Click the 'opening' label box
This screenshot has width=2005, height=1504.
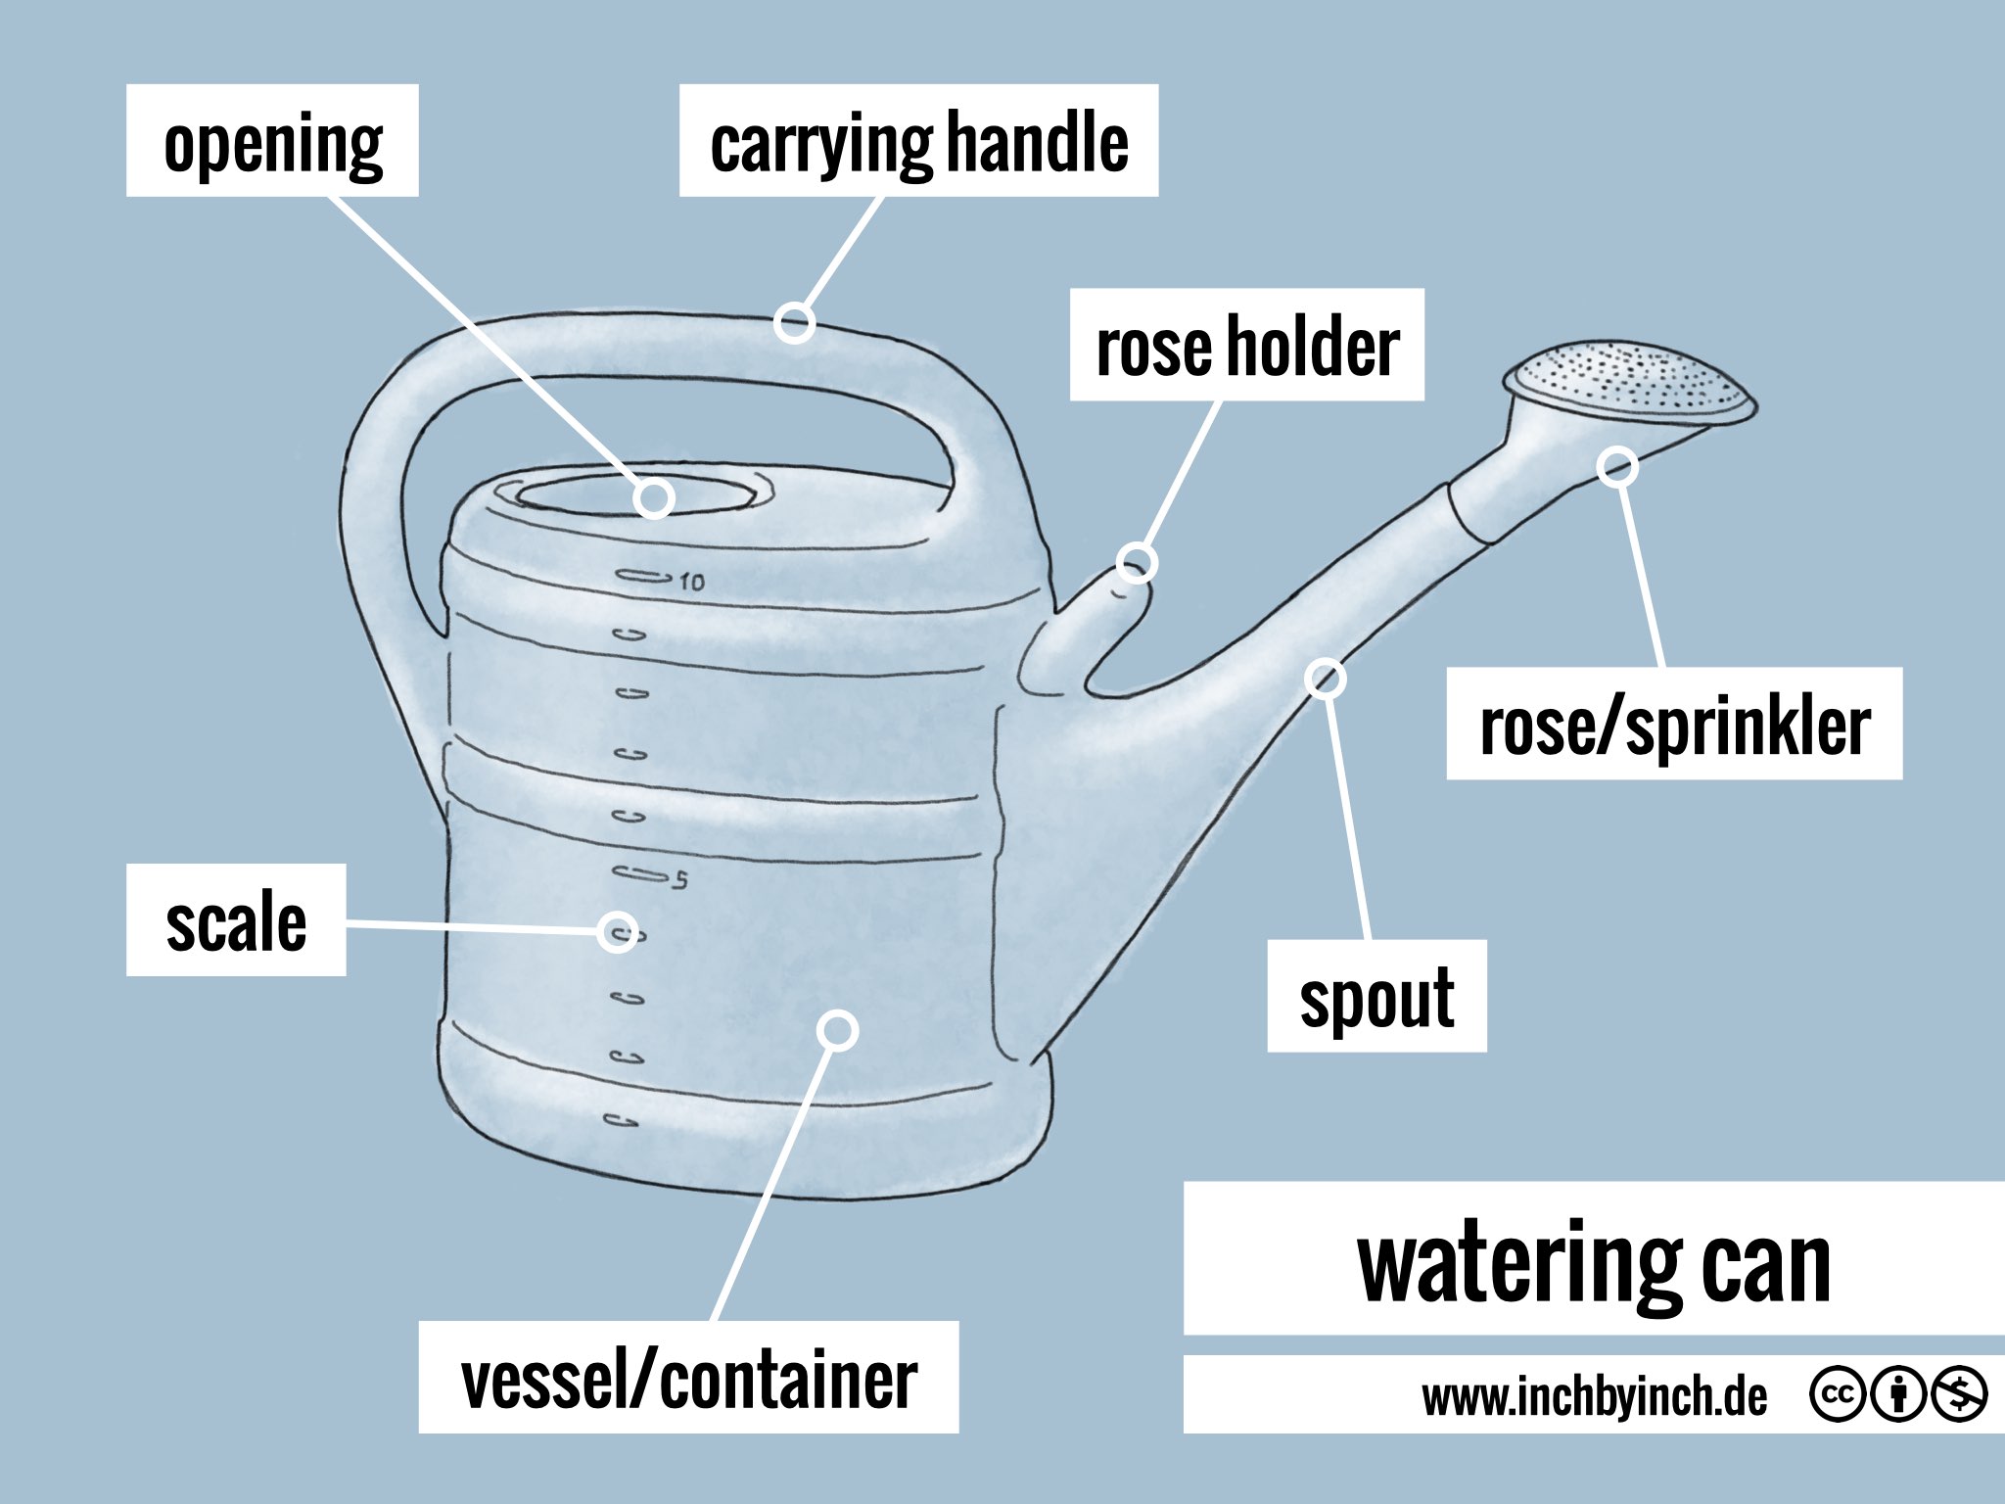coord(272,141)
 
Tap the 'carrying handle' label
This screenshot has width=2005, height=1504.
coord(918,141)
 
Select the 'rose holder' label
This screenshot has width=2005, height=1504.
coord(1246,345)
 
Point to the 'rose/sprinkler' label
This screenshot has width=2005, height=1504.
coord(1674,724)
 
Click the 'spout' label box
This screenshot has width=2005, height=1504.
coord(1376,996)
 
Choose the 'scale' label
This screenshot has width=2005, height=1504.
coord(236,919)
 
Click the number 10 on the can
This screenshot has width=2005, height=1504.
coord(691,582)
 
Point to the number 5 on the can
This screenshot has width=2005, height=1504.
coord(680,879)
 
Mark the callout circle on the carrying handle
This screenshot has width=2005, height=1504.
coord(795,322)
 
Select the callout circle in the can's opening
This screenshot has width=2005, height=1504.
coord(653,497)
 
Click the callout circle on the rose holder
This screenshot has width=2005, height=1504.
coord(1136,563)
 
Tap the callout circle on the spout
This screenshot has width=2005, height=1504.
coord(1326,678)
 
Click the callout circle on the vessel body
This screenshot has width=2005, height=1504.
coord(838,1030)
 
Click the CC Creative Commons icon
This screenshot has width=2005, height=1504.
coord(1838,1394)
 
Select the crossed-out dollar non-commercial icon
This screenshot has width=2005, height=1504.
coord(1958,1394)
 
